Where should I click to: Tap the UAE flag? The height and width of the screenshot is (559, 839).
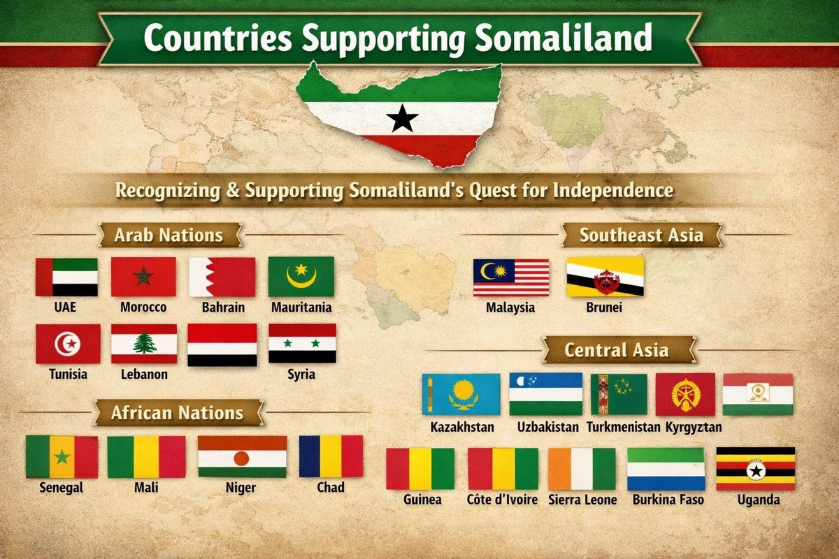coord(66,277)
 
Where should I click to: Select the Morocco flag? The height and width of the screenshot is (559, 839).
coord(143,277)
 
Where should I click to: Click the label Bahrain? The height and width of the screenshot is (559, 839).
coord(222,307)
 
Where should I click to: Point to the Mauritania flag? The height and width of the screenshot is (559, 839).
coord(301,277)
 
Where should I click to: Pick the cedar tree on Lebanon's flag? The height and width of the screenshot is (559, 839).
coord(144,343)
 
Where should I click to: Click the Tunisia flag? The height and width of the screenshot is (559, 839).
coord(68,344)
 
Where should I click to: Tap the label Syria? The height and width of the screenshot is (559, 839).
coord(301,375)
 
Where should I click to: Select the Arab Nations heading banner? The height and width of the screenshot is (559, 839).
coord(168,235)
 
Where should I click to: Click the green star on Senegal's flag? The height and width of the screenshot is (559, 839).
coord(62,458)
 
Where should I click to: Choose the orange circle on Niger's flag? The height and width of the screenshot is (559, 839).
coord(241,458)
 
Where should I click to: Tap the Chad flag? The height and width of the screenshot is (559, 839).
coord(331,456)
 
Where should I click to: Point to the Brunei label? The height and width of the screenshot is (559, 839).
coord(604,307)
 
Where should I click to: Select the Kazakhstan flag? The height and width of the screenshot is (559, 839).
coord(461,394)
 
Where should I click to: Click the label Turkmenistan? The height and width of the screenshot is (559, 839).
coord(623,426)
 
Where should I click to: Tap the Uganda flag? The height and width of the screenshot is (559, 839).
coord(755,469)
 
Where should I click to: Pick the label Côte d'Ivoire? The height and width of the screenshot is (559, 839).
coord(502,500)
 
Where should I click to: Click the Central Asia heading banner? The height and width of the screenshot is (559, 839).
coord(616,349)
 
